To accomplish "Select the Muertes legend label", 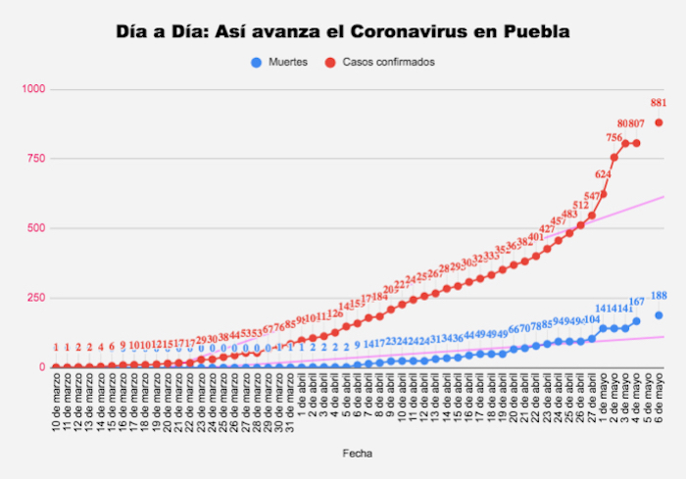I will click(x=287, y=62).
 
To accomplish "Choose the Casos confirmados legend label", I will click(x=389, y=62).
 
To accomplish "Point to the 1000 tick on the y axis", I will click(x=33, y=89).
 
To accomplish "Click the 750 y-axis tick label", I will click(x=36, y=159).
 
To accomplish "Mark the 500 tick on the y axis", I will click(x=36, y=228).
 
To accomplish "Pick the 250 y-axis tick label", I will click(x=36, y=298).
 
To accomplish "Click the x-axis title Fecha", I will click(x=356, y=454).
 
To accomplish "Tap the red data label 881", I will click(x=659, y=103).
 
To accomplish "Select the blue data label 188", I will click(x=659, y=296).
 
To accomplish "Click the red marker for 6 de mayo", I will click(x=660, y=122).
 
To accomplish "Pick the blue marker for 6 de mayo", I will click(x=660, y=315).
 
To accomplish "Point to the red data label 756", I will click(x=614, y=138).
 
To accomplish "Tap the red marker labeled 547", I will click(x=592, y=215).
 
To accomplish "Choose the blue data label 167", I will click(x=637, y=302).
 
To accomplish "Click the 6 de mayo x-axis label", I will click(x=660, y=402).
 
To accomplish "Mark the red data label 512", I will click(x=580, y=207).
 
